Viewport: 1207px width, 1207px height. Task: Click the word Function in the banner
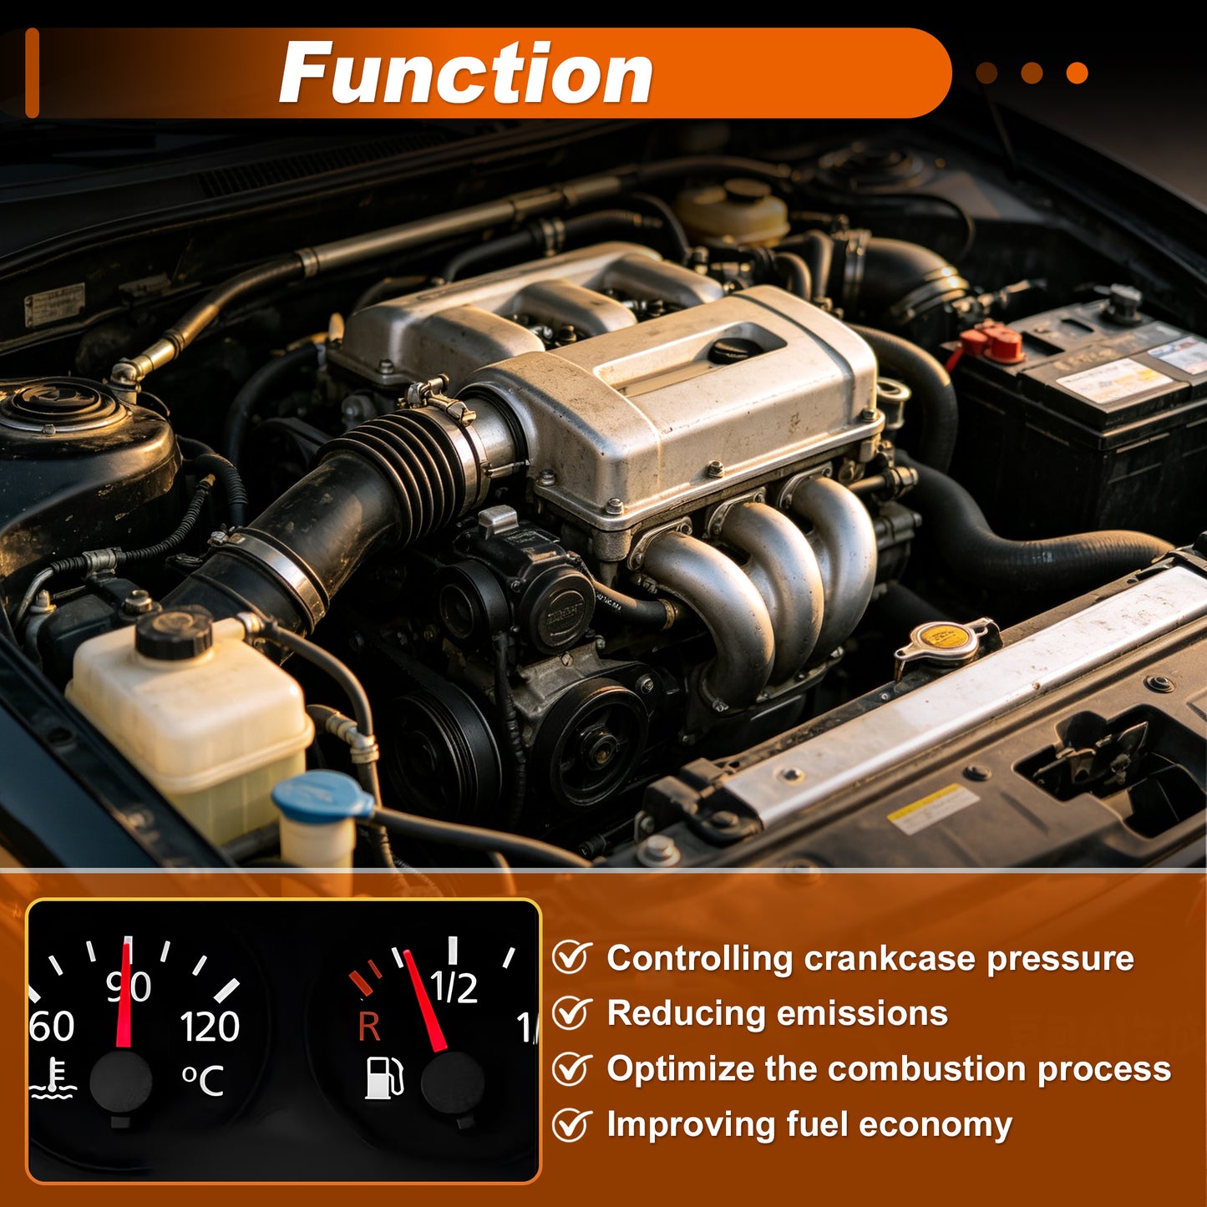(x=466, y=73)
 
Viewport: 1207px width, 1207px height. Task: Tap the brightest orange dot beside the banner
(x=1077, y=73)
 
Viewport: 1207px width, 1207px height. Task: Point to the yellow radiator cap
(x=946, y=639)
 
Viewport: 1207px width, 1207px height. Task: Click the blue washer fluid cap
(x=322, y=795)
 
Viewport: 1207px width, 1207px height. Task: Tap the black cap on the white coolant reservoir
(x=174, y=632)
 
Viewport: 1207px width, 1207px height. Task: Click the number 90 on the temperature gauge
(x=129, y=987)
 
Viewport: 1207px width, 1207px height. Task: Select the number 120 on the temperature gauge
(x=210, y=1027)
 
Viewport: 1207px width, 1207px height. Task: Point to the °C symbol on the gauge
(x=202, y=1081)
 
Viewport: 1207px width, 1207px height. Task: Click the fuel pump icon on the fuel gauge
(x=384, y=1078)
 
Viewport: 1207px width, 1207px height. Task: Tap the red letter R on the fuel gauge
(x=369, y=1027)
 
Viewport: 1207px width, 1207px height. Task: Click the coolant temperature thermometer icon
(x=53, y=1078)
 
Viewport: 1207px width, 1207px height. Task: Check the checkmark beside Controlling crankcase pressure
(x=572, y=958)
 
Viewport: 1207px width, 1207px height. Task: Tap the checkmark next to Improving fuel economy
(x=572, y=1124)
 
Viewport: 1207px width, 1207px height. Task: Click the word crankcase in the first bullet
(x=889, y=958)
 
